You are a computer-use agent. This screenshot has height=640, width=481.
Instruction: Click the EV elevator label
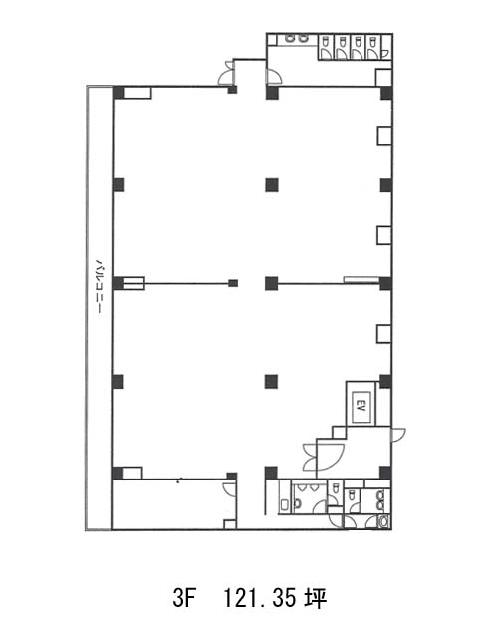click(x=361, y=406)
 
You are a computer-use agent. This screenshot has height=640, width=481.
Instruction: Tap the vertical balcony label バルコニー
click(x=98, y=286)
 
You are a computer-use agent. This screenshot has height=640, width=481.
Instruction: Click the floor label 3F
click(x=182, y=599)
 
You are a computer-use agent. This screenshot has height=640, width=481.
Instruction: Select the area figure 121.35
click(x=259, y=599)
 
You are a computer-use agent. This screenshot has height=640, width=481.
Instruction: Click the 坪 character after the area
click(x=316, y=599)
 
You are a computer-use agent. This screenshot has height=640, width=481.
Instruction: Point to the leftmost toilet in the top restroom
click(x=325, y=42)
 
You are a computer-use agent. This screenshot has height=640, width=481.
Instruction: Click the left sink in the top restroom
click(x=290, y=39)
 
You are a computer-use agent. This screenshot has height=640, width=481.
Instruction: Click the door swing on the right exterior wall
click(x=398, y=434)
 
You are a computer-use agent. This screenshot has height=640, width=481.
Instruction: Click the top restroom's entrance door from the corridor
click(x=273, y=77)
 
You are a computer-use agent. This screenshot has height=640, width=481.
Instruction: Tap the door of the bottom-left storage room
click(x=230, y=489)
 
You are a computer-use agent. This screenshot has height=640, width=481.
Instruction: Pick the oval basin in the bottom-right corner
click(x=383, y=521)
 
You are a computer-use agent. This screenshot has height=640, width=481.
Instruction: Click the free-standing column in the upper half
click(x=272, y=185)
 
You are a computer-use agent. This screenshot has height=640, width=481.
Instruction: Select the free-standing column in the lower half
click(x=271, y=382)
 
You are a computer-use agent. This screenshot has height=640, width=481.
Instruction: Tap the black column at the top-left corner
click(x=119, y=93)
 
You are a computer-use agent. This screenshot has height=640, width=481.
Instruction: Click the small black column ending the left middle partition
click(x=233, y=283)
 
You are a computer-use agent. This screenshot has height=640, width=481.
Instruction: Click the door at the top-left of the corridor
click(x=227, y=74)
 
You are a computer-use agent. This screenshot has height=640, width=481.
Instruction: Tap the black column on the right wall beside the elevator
click(x=385, y=381)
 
